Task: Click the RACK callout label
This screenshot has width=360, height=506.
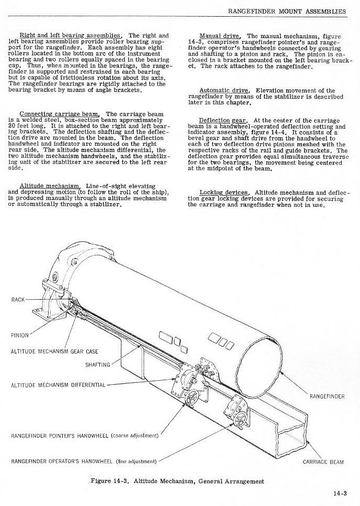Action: tap(19, 300)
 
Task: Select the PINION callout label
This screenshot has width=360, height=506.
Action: tap(20, 335)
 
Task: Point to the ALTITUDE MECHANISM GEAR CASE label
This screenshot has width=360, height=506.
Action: tap(54, 351)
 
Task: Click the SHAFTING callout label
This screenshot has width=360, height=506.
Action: tap(98, 365)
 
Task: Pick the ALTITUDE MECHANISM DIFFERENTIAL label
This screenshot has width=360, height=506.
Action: tap(59, 385)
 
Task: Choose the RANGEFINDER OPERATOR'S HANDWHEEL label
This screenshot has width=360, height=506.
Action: tap(84, 461)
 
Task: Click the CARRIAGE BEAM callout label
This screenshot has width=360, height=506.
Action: tap(323, 462)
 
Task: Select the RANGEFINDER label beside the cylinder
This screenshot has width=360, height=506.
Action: tap(327, 396)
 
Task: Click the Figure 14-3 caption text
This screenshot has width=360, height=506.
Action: tap(177, 481)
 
